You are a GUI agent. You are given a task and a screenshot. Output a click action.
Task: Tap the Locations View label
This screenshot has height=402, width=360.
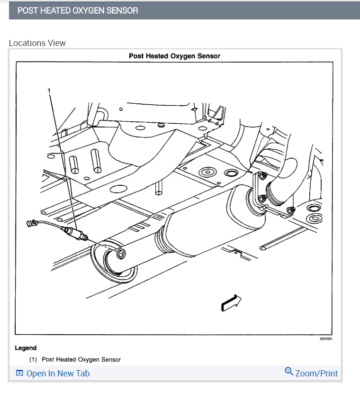point(37,43)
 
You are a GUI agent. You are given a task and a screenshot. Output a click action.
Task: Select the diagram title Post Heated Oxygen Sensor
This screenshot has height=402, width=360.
point(174,56)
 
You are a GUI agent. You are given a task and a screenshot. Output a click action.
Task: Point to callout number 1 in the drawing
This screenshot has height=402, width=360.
point(49,90)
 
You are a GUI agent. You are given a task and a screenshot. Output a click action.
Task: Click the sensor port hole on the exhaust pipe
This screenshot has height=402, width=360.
point(120,254)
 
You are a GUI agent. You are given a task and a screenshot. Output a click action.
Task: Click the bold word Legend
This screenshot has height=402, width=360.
point(26,348)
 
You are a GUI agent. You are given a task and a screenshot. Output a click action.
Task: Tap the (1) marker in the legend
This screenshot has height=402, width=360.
point(33,359)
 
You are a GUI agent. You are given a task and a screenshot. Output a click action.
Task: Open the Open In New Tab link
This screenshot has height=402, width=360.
point(58,374)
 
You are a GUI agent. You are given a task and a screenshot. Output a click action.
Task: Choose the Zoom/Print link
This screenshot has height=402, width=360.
point(316,374)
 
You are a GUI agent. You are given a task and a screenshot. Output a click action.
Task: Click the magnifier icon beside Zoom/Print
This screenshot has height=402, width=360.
point(289,371)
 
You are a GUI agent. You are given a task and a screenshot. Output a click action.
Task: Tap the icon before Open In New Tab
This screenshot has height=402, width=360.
point(19,374)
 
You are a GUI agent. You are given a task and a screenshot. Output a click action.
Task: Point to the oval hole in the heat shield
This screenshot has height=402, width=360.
point(117,189)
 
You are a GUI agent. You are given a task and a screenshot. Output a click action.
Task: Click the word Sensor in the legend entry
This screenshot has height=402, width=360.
point(111,359)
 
